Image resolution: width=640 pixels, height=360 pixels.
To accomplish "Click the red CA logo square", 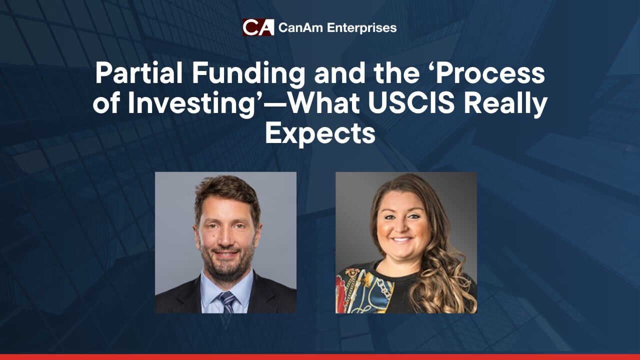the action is coord(258,27).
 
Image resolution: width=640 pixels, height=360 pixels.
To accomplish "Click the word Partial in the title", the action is coord(138,73).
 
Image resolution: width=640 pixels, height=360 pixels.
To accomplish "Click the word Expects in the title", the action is coord(320,133).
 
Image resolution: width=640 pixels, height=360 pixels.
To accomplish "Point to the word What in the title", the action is coord(325,103).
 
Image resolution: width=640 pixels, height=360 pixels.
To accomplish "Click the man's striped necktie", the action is coord(227,302).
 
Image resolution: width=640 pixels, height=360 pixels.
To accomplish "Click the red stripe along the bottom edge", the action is coord(320,357).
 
